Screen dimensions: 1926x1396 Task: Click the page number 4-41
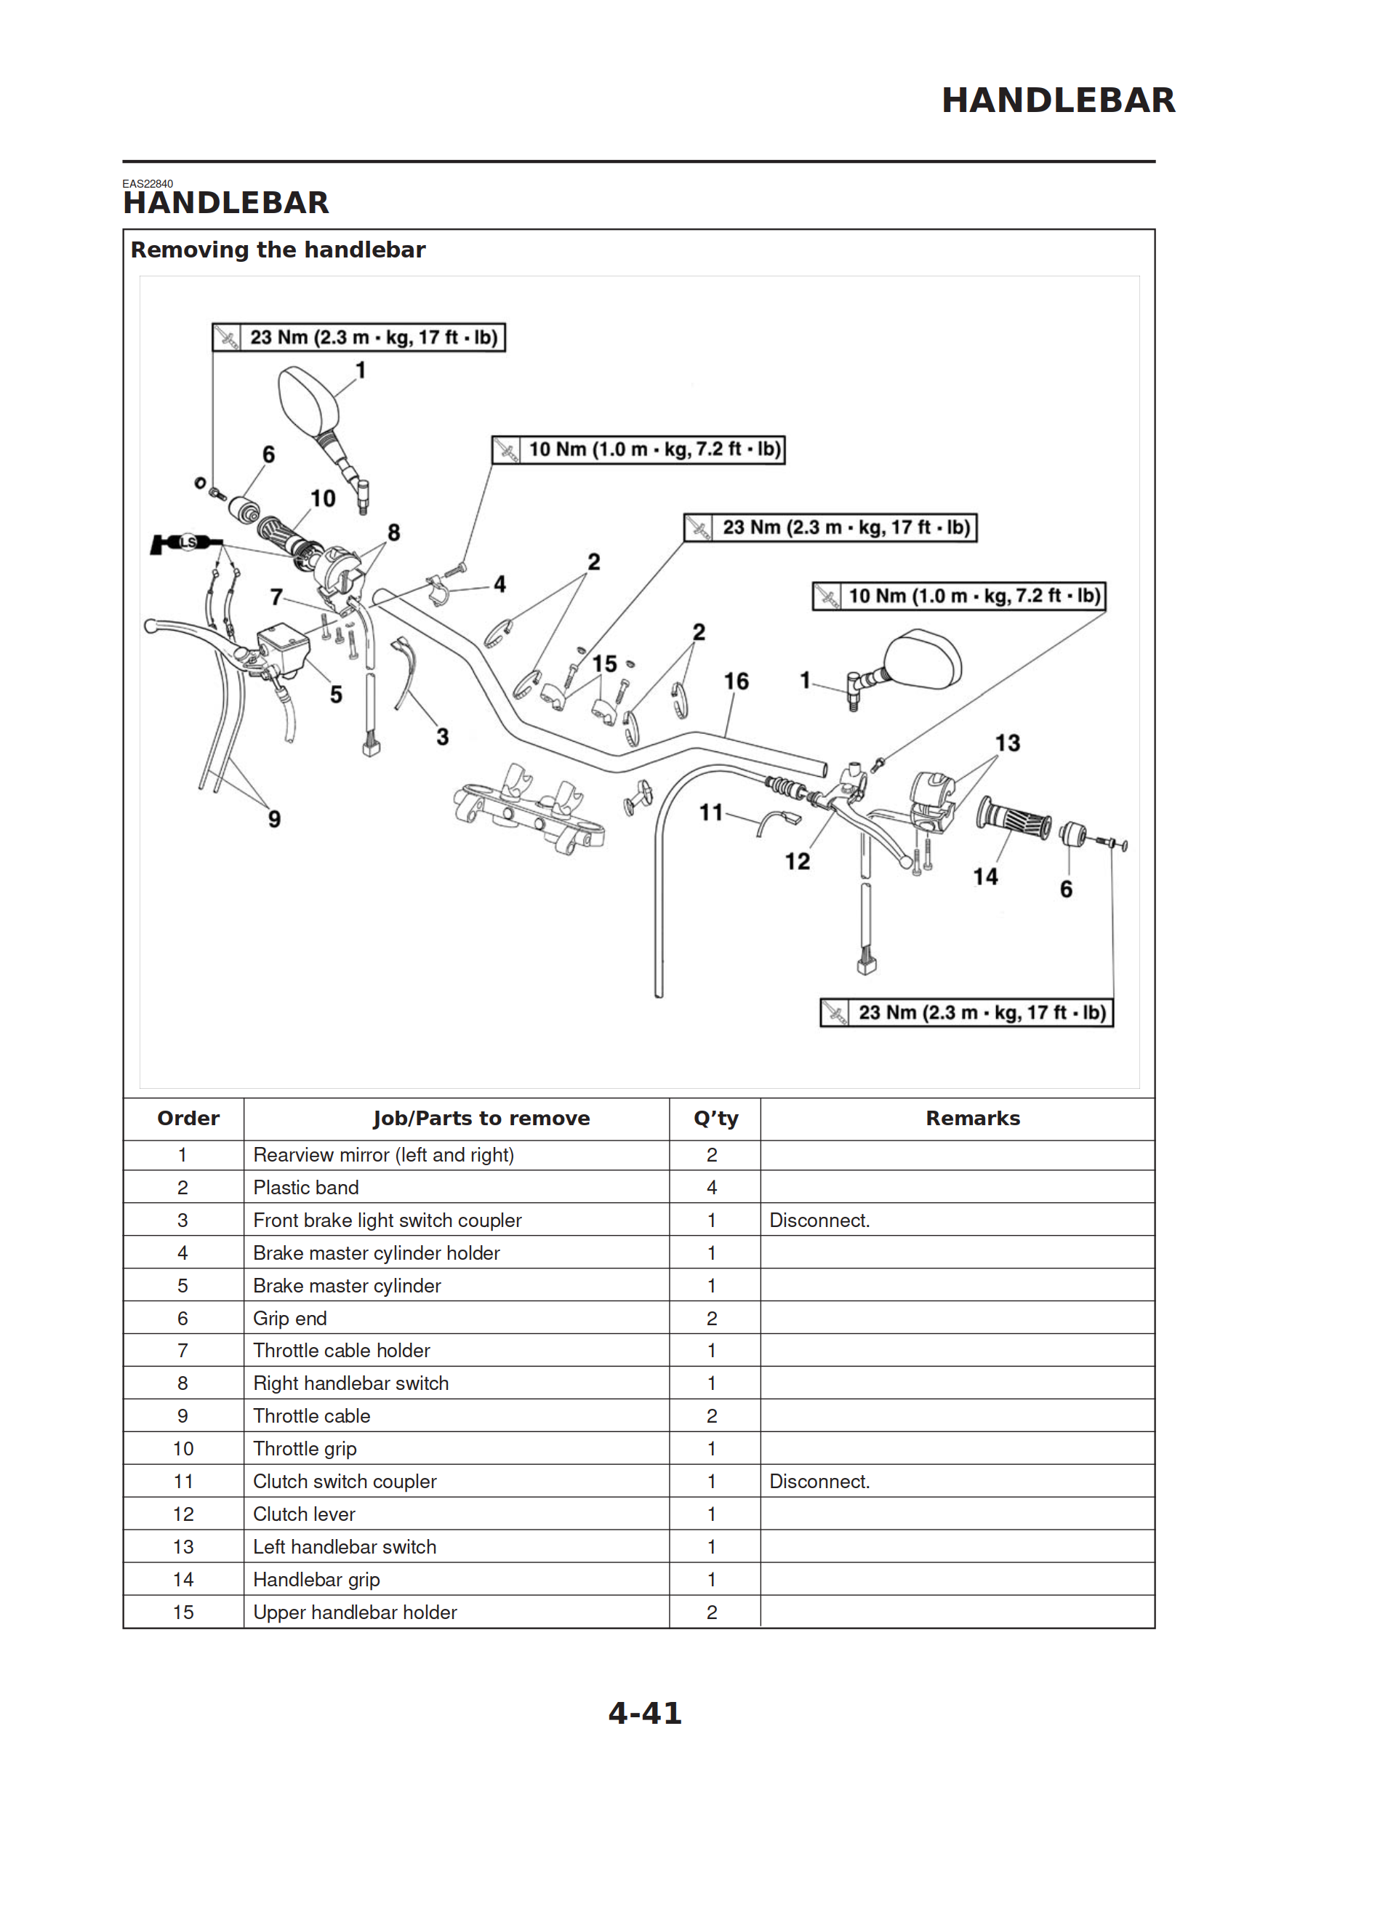click(644, 1713)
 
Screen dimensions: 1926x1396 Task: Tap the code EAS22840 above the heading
click(148, 183)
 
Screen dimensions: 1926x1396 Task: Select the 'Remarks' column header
click(972, 1119)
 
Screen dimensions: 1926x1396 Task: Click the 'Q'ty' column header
click(715, 1119)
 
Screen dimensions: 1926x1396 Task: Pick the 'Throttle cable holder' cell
click(341, 1350)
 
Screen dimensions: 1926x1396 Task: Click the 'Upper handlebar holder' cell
click(355, 1612)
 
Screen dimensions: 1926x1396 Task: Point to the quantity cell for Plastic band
click(712, 1187)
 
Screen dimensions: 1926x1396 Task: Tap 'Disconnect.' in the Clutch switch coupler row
click(819, 1481)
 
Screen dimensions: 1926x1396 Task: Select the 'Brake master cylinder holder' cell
click(376, 1252)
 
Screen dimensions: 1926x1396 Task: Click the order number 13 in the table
click(183, 1546)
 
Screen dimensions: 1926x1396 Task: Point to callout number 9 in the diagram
click(274, 819)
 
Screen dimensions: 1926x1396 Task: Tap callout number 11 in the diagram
click(711, 812)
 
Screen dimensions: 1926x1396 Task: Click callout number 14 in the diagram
click(985, 876)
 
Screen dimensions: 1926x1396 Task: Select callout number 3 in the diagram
click(442, 736)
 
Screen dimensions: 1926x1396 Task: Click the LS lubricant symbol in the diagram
click(188, 542)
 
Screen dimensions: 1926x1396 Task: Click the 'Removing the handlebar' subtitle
click(278, 249)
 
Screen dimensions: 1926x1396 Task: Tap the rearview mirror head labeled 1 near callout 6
click(308, 399)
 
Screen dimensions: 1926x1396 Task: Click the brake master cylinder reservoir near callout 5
click(283, 648)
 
